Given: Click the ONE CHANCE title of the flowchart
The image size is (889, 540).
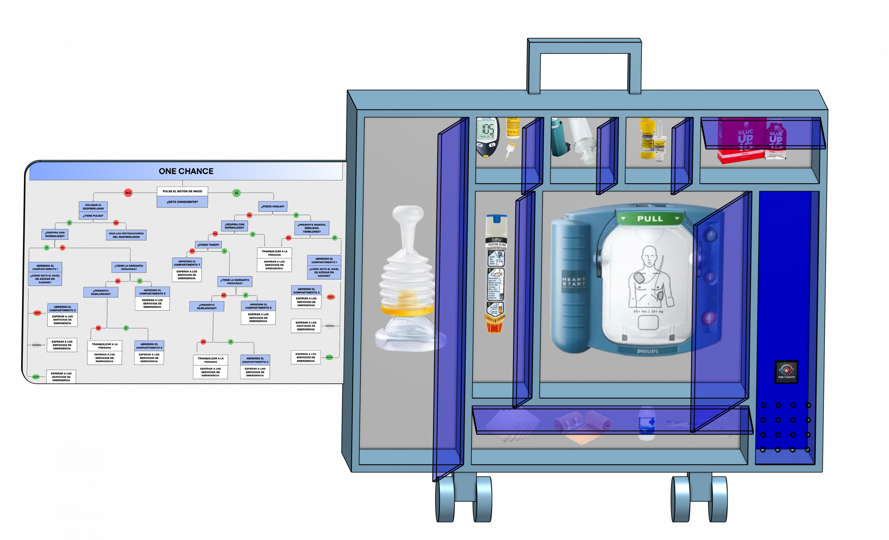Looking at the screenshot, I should pyautogui.click(x=186, y=171).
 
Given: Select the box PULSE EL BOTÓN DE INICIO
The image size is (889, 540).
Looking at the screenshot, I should pyautogui.click(x=182, y=191).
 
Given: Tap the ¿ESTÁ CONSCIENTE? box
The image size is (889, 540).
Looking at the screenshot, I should pyautogui.click(x=182, y=202).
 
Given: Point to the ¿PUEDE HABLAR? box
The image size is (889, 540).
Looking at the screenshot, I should pyautogui.click(x=273, y=206).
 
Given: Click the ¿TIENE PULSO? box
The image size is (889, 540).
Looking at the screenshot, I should pyautogui.click(x=93, y=216).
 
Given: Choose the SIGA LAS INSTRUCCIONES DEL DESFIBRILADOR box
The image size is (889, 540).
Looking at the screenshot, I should pyautogui.click(x=126, y=235).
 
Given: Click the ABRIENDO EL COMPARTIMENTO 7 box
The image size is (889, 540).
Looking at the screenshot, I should pyautogui.click(x=187, y=263).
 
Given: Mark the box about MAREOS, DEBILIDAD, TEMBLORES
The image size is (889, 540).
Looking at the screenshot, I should pyautogui.click(x=312, y=228).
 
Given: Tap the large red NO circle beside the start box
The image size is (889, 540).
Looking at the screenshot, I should pyautogui.click(x=128, y=193).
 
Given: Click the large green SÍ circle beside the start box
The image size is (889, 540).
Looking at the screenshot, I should pyautogui.click(x=236, y=193).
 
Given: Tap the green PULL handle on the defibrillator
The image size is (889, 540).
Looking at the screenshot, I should pyautogui.click(x=650, y=218).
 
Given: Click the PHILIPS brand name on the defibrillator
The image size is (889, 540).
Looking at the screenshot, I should pyautogui.click(x=648, y=351).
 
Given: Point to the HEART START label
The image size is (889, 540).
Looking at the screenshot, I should pyautogui.click(x=574, y=282).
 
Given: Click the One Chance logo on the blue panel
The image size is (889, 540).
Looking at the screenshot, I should pyautogui.click(x=786, y=371).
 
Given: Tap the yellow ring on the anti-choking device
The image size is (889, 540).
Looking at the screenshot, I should pyautogui.click(x=407, y=309).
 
